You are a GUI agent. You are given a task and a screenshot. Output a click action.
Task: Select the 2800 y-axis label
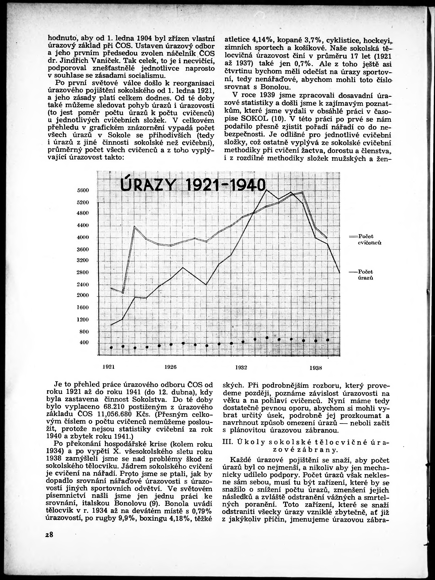point(83,272)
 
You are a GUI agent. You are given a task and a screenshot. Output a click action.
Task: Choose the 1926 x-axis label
point(171,367)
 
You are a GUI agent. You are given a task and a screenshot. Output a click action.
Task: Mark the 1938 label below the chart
point(316,368)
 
